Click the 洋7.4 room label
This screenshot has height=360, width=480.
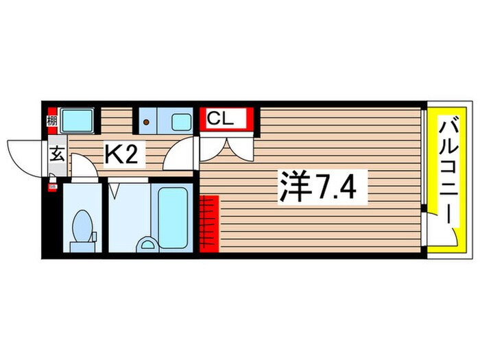pos(316,186)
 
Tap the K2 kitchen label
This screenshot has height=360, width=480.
pos(124,154)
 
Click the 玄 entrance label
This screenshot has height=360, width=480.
pos(57,154)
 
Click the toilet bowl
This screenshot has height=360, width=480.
pos(82,224)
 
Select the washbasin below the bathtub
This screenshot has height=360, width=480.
pos(147,243)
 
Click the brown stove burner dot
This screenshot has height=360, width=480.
pos(146,123)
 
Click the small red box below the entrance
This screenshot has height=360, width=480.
pos(51,185)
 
